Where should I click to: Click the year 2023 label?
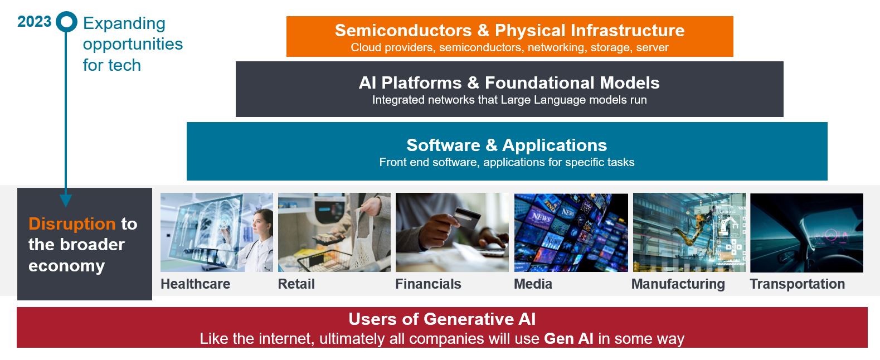(34, 22)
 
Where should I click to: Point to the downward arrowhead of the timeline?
(66, 201)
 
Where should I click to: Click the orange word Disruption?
(72, 223)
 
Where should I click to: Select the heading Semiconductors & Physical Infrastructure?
(509, 30)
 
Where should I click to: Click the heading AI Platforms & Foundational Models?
(509, 82)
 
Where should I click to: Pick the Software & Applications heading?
(507, 145)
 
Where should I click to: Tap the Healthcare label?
(195, 284)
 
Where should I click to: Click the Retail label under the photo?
(296, 284)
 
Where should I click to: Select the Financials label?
(428, 284)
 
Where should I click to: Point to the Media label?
(533, 284)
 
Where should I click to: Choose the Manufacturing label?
(678, 284)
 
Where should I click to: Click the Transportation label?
(797, 284)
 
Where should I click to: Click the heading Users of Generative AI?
(442, 319)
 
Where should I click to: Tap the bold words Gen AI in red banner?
(568, 338)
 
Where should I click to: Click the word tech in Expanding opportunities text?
(123, 65)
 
